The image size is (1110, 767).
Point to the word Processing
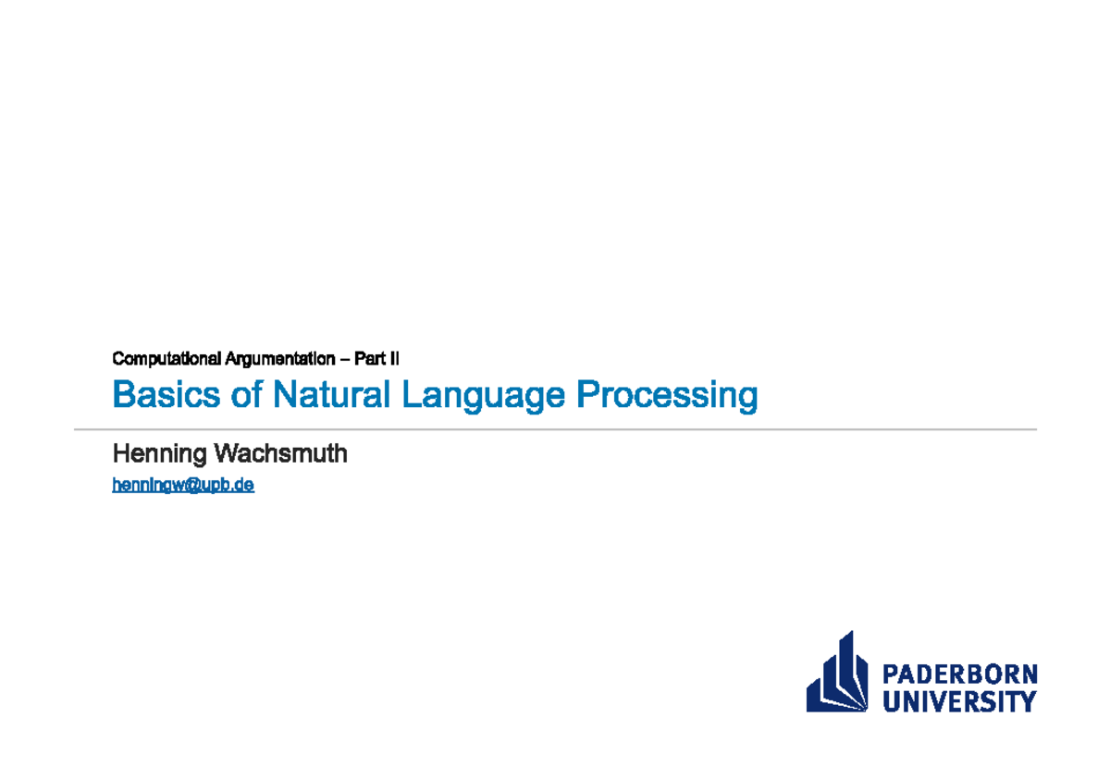click(x=667, y=397)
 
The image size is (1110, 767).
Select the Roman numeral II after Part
click(x=394, y=358)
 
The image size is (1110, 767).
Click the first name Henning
click(x=159, y=454)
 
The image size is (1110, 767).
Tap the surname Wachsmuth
click(x=280, y=453)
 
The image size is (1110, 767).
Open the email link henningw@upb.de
click(x=183, y=484)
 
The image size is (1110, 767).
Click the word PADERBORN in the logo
click(x=959, y=674)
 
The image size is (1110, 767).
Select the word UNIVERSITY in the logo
click(x=959, y=701)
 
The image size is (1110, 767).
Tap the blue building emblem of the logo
click(x=838, y=674)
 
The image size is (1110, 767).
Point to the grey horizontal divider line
click(x=555, y=429)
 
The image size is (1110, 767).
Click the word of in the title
click(x=247, y=395)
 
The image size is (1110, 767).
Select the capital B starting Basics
click(x=122, y=395)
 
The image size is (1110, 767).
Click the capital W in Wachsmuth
click(x=225, y=453)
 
